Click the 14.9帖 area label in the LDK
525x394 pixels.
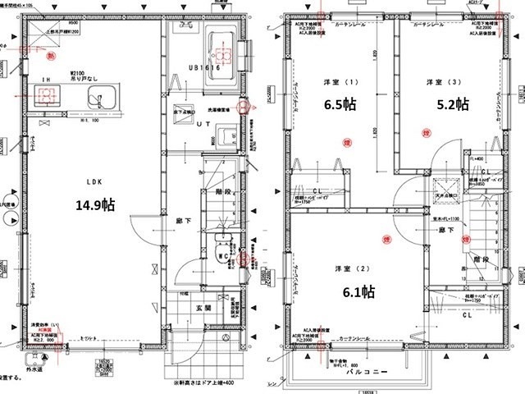tap(94, 205)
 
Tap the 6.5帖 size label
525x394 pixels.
tap(339, 104)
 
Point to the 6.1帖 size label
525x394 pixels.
tap(358, 291)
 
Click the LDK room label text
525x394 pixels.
tap(92, 182)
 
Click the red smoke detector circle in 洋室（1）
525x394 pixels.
tap(340, 140)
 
